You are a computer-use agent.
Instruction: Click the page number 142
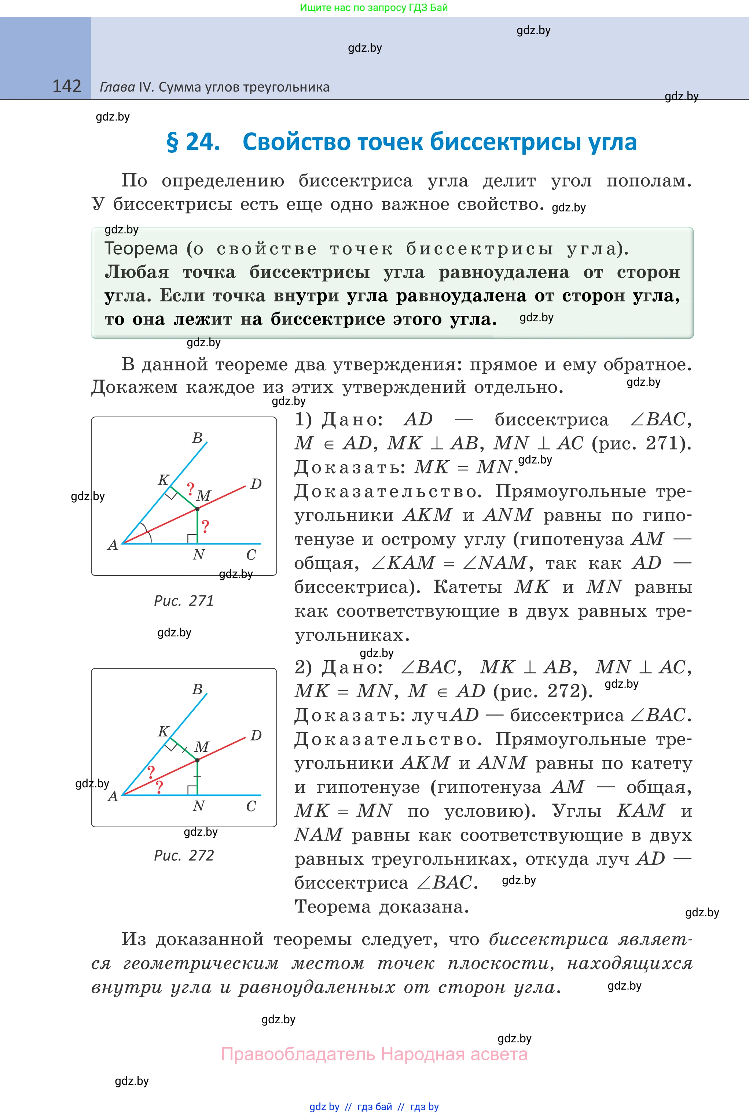point(66,86)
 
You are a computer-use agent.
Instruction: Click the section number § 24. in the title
point(193,142)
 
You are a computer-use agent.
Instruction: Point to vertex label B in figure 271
point(197,438)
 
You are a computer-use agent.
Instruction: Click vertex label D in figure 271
point(256,484)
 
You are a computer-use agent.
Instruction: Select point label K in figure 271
point(164,480)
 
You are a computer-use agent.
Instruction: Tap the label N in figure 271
point(199,555)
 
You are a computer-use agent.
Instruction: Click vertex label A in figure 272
point(113,796)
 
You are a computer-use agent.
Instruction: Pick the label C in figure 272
point(251,806)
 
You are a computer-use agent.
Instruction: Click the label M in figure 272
point(202,747)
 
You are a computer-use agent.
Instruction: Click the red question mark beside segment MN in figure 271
point(205,527)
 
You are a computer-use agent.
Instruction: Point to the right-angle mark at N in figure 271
point(192,539)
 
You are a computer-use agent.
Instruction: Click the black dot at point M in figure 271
point(197,509)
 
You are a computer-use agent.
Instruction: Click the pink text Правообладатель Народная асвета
point(374,1054)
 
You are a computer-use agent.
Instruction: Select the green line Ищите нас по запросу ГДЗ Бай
point(374,8)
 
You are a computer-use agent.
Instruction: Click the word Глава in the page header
point(117,87)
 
